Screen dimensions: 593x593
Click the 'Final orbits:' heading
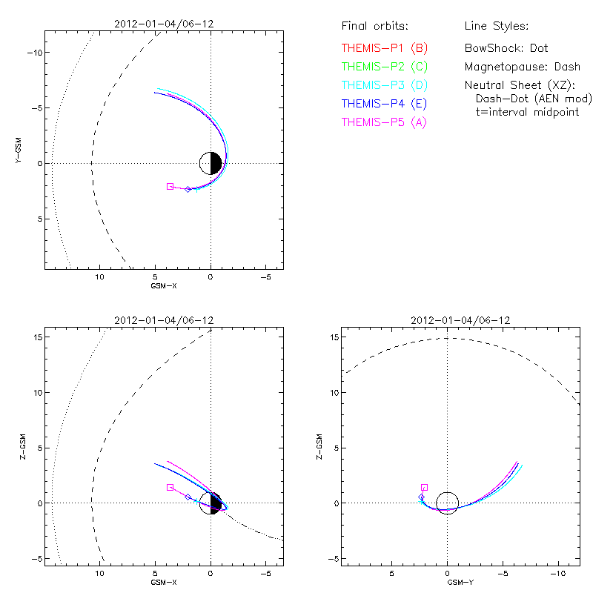(374, 27)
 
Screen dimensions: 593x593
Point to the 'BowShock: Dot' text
(506, 47)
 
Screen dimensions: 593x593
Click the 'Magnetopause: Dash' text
(522, 66)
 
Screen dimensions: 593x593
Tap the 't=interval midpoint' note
(527, 112)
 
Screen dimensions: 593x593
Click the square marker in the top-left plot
(170, 186)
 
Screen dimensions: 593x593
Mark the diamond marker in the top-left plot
(188, 189)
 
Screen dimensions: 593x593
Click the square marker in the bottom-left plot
(170, 487)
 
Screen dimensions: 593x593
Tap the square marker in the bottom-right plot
(424, 487)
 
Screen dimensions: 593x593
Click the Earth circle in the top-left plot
(211, 163)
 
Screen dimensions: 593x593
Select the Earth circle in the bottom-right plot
(447, 503)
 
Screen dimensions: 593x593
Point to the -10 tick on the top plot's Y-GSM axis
(33, 53)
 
